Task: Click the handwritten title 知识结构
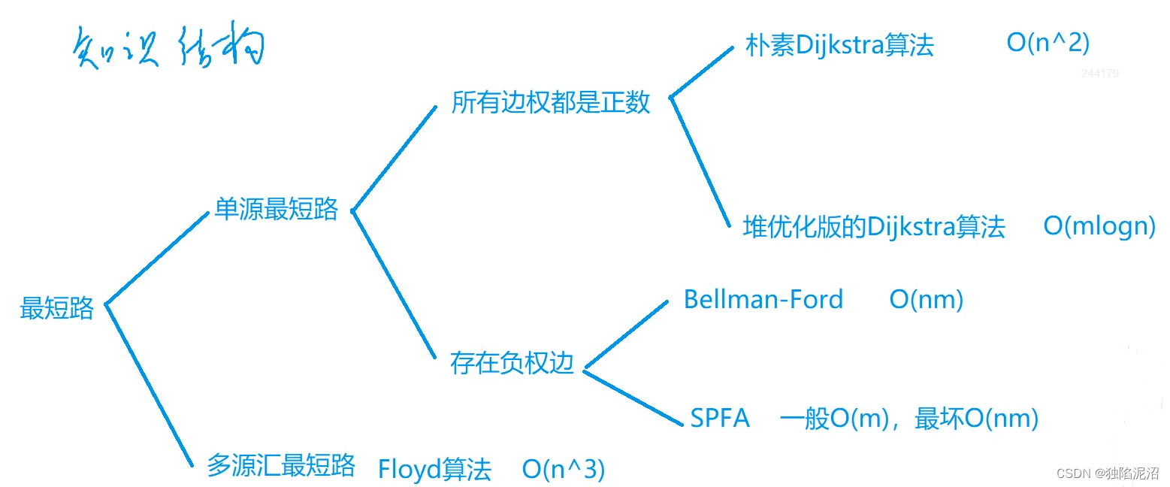[x=168, y=46]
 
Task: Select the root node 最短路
[x=56, y=308]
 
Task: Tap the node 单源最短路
[x=277, y=209]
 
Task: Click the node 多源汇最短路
[x=281, y=465]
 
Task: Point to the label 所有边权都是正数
[x=551, y=102]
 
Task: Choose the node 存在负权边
[x=512, y=363]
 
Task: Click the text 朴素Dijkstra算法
[x=839, y=45]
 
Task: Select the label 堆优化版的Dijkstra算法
[x=874, y=227]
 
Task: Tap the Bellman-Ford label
[x=763, y=299]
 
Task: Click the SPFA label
[x=720, y=418]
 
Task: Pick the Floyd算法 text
[x=434, y=469]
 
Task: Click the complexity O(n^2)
[x=1048, y=43]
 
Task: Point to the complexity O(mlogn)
[x=1099, y=226]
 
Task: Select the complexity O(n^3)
[x=563, y=469]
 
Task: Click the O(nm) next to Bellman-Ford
[x=926, y=300]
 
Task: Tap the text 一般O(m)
[x=834, y=418]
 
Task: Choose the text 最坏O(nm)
[x=976, y=418]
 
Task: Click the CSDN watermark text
[x=1108, y=473]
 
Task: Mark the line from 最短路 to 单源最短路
[x=157, y=258]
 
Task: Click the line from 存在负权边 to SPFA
[x=633, y=397]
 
